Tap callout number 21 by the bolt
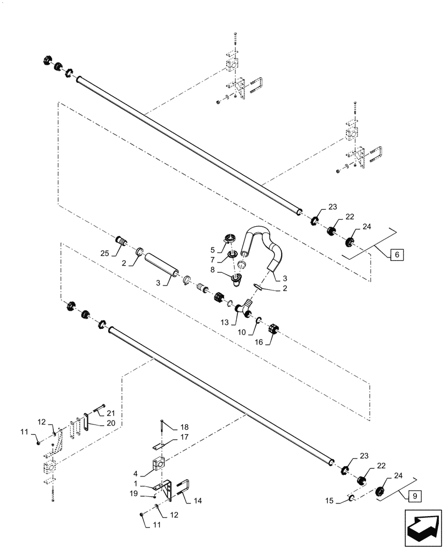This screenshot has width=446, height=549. (x=111, y=413)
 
